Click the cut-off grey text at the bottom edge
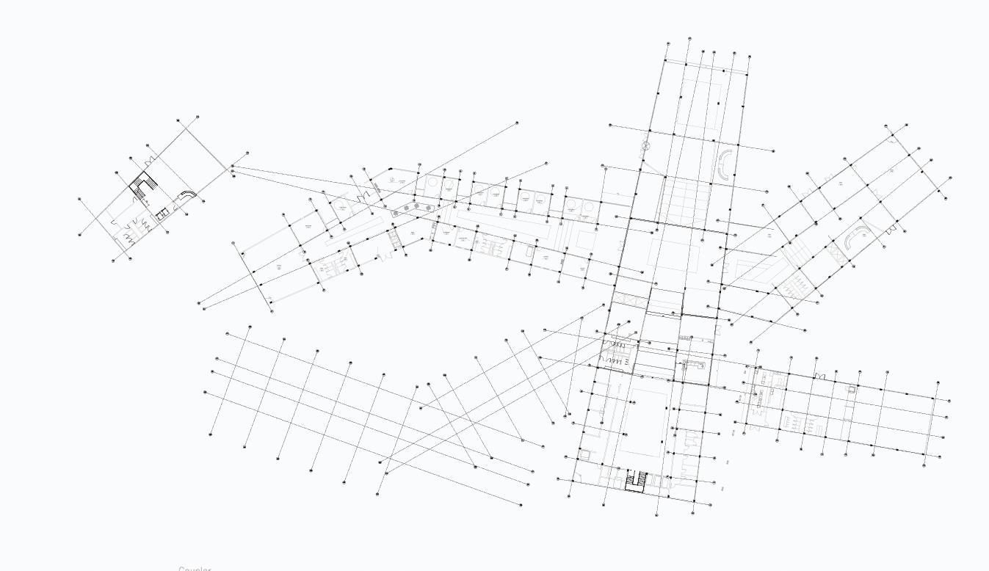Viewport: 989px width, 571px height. click(x=195, y=568)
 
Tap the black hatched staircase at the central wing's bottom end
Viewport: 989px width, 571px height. click(x=636, y=481)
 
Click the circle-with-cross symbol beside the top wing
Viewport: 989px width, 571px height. click(x=646, y=146)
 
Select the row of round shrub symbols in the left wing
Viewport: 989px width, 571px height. click(x=411, y=210)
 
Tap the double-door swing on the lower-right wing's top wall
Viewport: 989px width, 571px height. click(x=820, y=377)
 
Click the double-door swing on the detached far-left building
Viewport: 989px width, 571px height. click(x=151, y=160)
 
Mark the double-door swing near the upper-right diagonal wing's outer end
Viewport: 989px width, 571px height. click(x=891, y=230)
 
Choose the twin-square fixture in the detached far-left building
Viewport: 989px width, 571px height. click(x=162, y=214)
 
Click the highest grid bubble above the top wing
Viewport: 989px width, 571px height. click(x=689, y=39)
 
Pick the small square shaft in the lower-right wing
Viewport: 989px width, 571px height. click(x=852, y=390)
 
